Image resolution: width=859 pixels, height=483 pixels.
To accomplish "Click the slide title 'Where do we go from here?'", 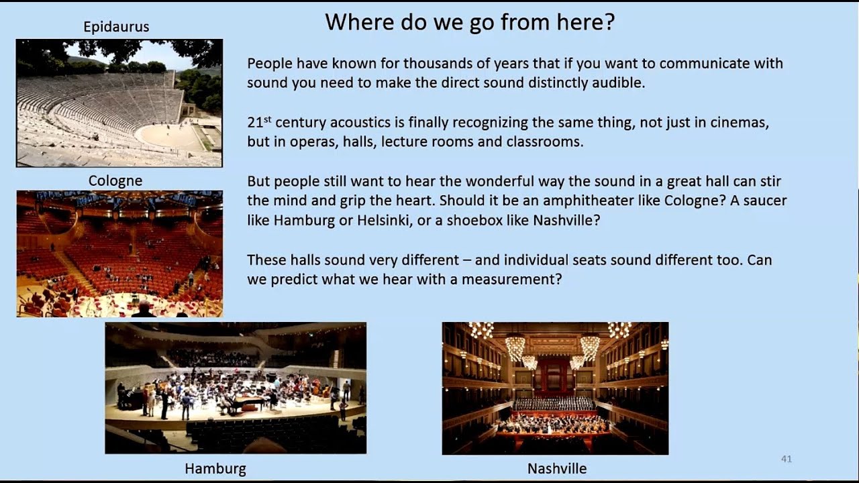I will click(x=470, y=23).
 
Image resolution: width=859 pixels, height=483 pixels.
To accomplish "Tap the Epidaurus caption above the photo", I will click(x=116, y=28).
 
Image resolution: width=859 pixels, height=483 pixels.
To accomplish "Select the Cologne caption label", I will click(x=115, y=181).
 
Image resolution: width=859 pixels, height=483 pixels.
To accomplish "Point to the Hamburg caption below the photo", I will click(x=215, y=469).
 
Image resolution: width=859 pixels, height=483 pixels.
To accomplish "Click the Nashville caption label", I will click(x=557, y=469).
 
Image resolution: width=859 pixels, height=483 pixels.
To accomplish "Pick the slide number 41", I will click(x=787, y=459).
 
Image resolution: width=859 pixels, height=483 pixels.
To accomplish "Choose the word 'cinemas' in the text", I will click(x=740, y=123).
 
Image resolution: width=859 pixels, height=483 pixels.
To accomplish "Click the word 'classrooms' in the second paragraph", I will click(x=544, y=142).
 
